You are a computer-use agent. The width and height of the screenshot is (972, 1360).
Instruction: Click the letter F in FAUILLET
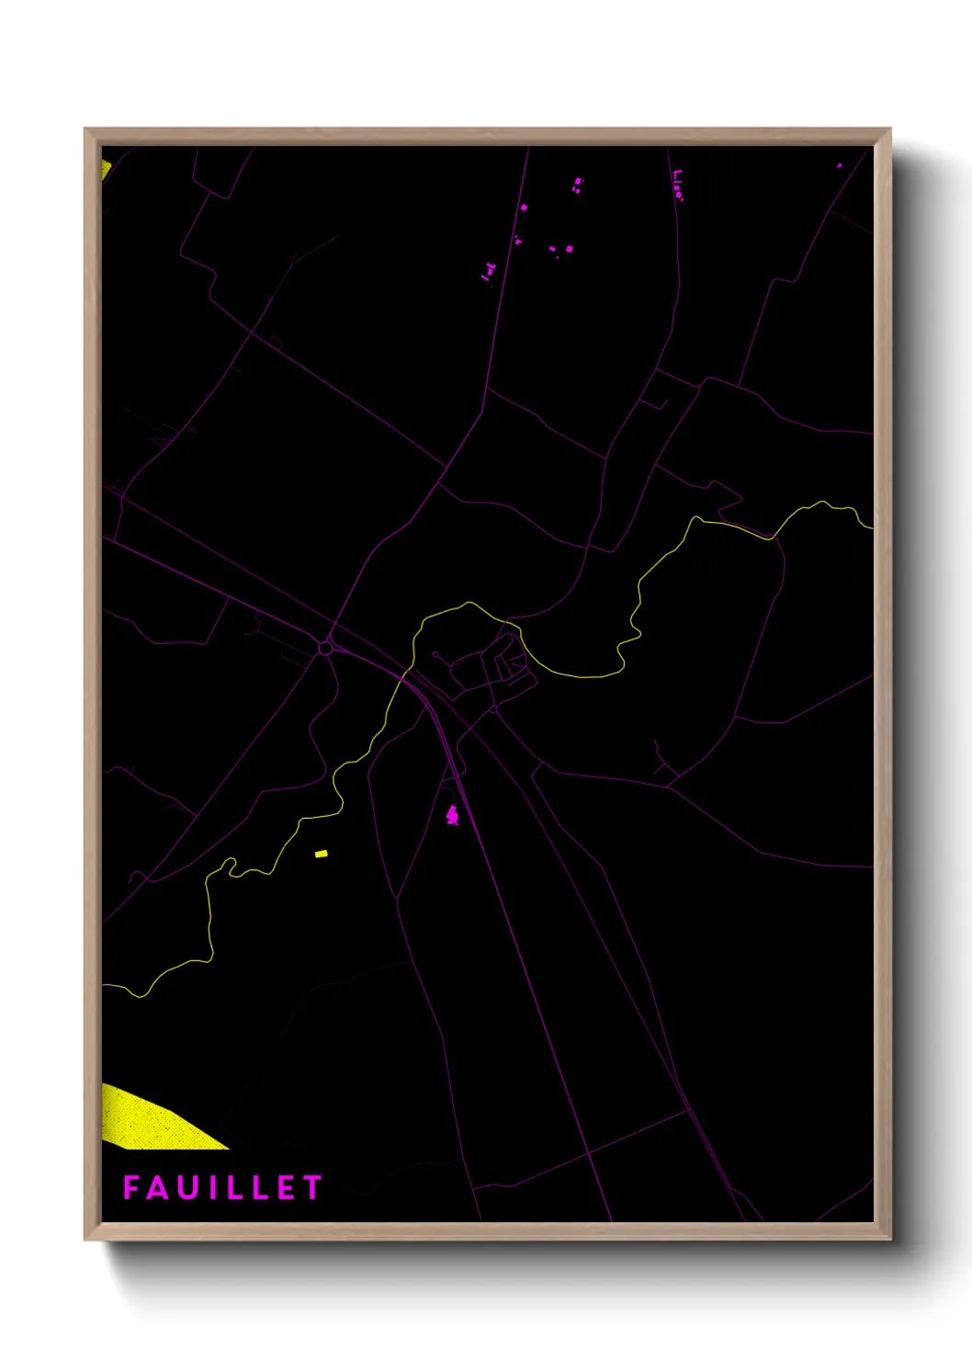coord(131,1187)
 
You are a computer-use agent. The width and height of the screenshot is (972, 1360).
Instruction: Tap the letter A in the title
coord(157,1187)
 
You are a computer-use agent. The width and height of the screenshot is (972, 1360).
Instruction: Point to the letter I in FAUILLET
coord(209,1187)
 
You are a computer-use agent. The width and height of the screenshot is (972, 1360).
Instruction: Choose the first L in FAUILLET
coord(230,1187)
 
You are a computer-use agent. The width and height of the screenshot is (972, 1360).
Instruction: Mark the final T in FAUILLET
coord(312,1187)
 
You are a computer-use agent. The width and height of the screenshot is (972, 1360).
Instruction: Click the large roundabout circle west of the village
coord(325,648)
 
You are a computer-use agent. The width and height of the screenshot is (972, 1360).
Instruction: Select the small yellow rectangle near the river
coord(321,854)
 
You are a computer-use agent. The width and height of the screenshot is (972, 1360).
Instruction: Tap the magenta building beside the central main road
coord(452,814)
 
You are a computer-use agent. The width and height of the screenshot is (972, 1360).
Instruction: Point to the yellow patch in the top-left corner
coord(106,170)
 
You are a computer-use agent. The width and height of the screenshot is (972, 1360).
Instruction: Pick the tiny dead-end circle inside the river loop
coord(435,655)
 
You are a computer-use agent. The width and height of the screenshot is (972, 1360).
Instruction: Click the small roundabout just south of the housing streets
coord(493,709)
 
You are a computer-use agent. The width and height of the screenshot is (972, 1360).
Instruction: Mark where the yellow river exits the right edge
coord(871,527)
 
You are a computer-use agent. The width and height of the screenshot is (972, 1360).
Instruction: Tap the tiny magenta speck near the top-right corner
coord(839,165)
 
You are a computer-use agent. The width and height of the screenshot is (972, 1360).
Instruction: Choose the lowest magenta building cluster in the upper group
coord(488,272)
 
